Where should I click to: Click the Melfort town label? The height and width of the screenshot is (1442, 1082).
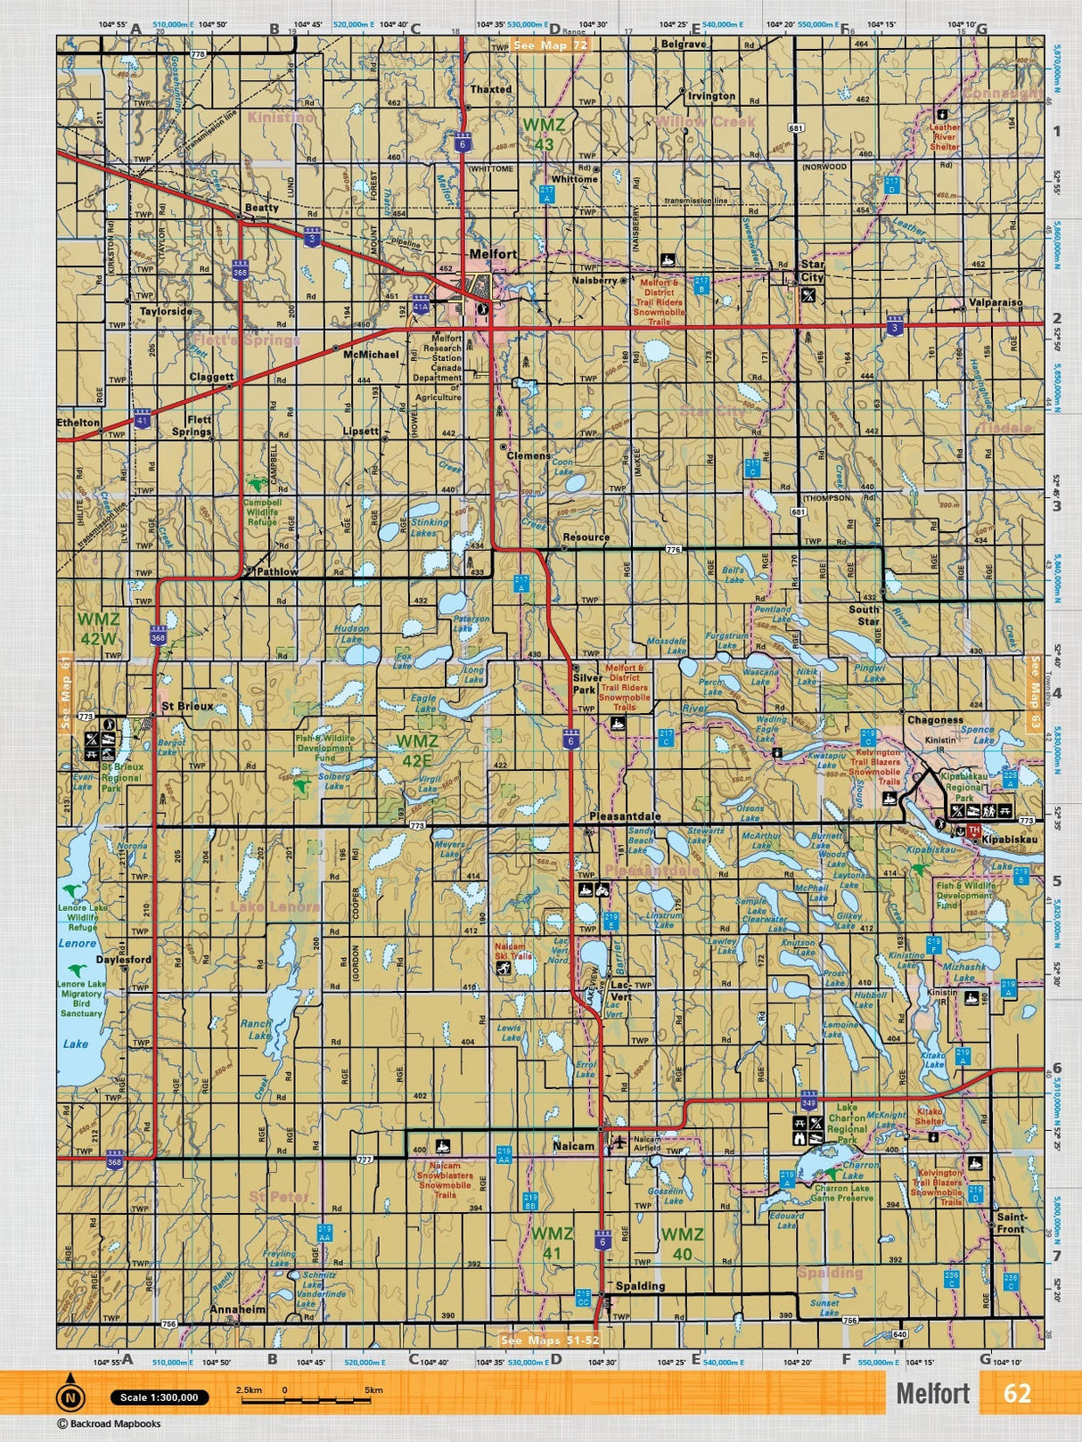493,254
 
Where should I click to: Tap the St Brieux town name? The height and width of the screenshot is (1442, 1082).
187,707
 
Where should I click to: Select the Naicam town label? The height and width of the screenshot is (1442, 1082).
572,1146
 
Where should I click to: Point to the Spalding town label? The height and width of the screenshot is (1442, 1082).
640,1286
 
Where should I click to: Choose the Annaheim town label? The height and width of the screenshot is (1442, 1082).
237,1310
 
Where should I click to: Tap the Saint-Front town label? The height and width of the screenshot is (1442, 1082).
1011,1223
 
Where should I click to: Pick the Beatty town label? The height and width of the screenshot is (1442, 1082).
261,208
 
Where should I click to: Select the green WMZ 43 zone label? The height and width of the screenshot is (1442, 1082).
544,135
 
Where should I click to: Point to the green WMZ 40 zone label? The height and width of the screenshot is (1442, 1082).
682,1244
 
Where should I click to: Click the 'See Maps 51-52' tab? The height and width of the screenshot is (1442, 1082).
550,1340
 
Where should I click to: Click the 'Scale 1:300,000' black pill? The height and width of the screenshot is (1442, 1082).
160,1397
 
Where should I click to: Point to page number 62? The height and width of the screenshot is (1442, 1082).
1017,1393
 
